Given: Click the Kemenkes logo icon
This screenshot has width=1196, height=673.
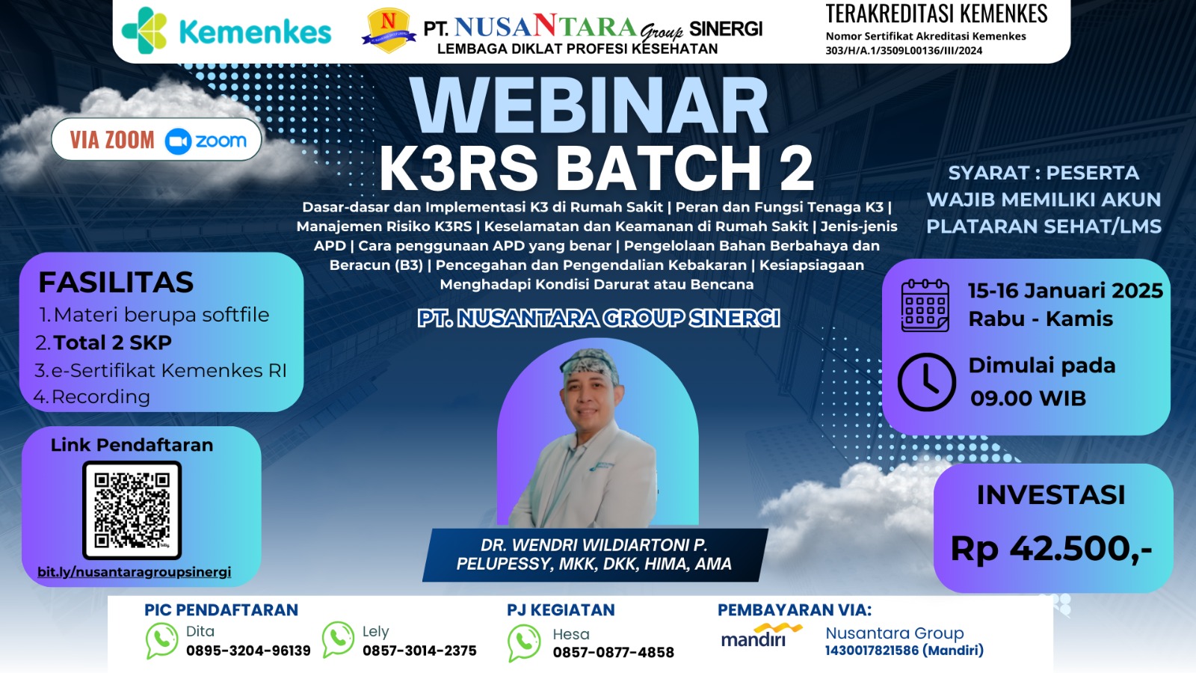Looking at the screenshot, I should (x=144, y=30).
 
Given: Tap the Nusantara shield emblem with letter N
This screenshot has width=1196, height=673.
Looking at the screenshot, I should (x=388, y=30).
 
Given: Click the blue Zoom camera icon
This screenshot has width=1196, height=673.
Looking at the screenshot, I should (x=178, y=141).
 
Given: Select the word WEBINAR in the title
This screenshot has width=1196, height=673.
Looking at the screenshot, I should (x=589, y=106).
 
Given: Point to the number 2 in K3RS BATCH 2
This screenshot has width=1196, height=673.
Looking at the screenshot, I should (x=795, y=168).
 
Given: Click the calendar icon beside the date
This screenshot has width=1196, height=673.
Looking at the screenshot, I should (x=925, y=305).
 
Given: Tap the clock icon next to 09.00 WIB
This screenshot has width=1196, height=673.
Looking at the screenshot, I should (x=926, y=381).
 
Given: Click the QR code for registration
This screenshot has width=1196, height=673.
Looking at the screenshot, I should (x=132, y=510).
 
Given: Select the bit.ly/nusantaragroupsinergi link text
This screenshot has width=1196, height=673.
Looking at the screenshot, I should (x=135, y=572).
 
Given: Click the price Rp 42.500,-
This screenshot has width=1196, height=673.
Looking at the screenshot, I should (x=1051, y=549).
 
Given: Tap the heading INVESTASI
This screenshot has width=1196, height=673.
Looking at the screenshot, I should (x=1050, y=495).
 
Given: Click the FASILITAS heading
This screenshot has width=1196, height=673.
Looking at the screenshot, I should (x=116, y=283).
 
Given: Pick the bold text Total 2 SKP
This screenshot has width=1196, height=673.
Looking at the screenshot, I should (x=112, y=342).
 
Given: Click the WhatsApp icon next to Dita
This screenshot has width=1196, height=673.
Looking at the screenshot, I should (x=161, y=641).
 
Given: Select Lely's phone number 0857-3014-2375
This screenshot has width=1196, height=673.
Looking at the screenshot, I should (x=419, y=651).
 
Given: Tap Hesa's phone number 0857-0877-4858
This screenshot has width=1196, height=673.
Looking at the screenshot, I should (x=613, y=653).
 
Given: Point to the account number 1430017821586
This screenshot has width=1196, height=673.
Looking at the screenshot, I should (x=872, y=651).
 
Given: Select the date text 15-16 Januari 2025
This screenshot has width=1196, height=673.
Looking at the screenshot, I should (x=1065, y=290).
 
